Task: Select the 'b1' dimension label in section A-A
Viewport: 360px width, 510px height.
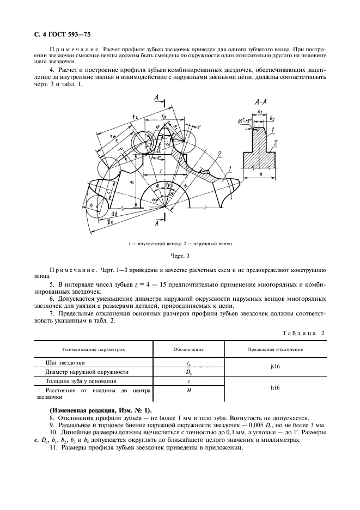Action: (260, 112)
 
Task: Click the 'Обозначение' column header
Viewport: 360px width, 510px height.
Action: (188, 349)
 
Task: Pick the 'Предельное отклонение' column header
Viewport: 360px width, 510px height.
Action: (276, 349)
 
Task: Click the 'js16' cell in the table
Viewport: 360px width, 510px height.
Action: (276, 367)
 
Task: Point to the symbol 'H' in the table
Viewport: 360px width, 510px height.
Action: (188, 390)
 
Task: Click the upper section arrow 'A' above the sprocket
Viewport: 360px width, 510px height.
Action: (156, 98)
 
